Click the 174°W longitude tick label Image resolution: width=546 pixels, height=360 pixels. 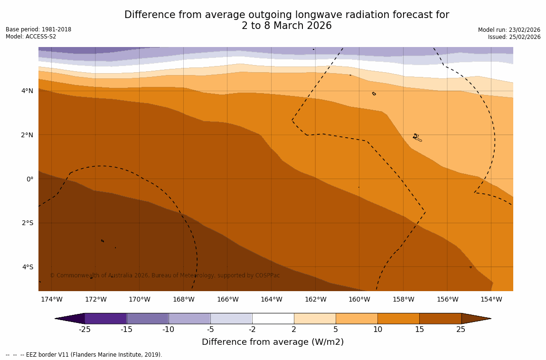click(x=51, y=299)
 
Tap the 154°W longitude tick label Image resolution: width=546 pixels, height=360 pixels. click(x=491, y=299)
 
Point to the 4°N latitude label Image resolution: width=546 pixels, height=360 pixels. click(x=28, y=91)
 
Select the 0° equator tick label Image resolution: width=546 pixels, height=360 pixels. click(x=30, y=179)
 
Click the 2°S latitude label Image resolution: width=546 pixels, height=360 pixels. click(x=28, y=223)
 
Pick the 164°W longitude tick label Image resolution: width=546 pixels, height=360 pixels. click(x=271, y=299)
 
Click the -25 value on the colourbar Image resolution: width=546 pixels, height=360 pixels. click(x=85, y=330)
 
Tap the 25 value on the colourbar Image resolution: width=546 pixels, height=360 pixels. click(x=461, y=330)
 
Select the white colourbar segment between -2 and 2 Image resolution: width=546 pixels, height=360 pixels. click(x=273, y=318)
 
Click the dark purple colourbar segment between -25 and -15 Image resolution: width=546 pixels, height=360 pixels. click(x=105, y=318)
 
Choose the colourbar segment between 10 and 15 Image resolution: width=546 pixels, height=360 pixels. click(x=398, y=318)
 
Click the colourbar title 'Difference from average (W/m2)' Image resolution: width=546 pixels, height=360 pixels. click(x=273, y=342)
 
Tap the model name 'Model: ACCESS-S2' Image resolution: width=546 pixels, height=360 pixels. click(x=31, y=37)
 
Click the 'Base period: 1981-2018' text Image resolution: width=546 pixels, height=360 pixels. click(x=38, y=29)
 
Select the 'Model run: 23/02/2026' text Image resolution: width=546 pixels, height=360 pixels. click(x=509, y=30)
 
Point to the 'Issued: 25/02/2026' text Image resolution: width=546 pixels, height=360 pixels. click(x=514, y=37)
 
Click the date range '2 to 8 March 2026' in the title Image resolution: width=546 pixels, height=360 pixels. click(x=286, y=26)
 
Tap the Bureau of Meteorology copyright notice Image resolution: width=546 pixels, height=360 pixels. click(x=165, y=275)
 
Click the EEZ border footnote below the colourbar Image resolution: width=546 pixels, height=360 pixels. click(x=84, y=355)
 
